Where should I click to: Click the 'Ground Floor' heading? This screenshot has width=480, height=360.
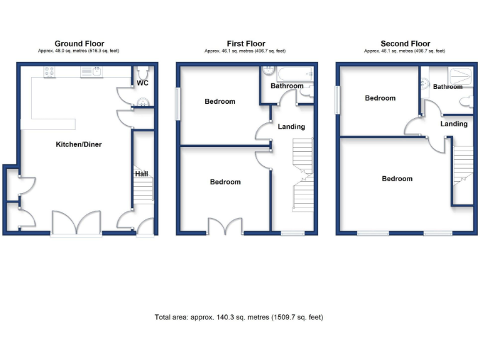79,44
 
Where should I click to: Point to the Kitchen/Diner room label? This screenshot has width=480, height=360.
79,144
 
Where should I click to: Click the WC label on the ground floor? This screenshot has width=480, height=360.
142,83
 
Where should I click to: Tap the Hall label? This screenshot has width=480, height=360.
142,174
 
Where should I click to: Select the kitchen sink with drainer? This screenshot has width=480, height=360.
91,72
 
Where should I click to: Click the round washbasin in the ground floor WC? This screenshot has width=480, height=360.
142,102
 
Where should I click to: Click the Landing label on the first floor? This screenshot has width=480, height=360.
291,127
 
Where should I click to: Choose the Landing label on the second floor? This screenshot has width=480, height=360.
454,124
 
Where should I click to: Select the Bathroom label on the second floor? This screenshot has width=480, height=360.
447,87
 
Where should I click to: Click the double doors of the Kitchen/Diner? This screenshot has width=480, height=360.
76,222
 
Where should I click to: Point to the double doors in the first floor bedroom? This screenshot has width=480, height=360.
225,226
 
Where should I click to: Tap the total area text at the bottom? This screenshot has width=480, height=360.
239,317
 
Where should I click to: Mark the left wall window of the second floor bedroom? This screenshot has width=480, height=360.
337,100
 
